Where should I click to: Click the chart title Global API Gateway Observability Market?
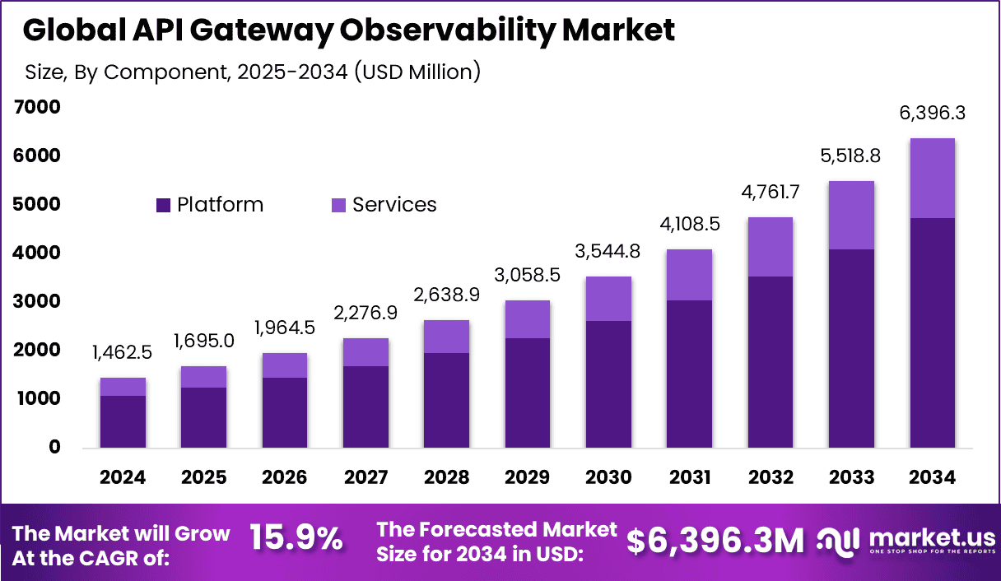pos(349,30)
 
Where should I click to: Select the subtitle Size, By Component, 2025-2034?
pos(252,72)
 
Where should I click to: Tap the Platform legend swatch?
pos(163,205)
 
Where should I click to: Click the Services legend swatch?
pos(338,205)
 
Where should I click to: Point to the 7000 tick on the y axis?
pos(37,107)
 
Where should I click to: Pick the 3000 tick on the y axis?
pos(37,301)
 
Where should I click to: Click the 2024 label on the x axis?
pos(123,478)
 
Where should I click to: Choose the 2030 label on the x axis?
pos(608,478)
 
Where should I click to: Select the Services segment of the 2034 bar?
pos(932,178)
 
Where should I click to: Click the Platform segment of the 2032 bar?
pos(771,362)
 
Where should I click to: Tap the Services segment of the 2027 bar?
pos(365,352)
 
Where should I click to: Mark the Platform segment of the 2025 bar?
pos(203,418)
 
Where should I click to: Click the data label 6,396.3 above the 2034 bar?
pos(932,114)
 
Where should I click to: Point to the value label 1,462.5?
pos(123,354)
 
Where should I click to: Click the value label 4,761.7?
pos(771,193)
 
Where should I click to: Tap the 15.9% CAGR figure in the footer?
pos(296,539)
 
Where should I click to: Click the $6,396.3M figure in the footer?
pos(715,541)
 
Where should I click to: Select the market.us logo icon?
pos(839,541)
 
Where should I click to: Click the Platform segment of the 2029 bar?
pos(528,393)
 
